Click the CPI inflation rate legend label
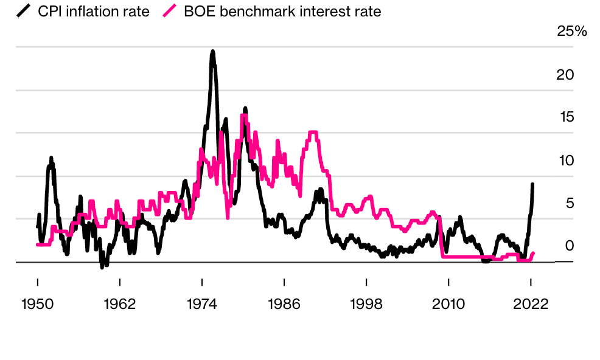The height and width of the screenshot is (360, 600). tap(94, 11)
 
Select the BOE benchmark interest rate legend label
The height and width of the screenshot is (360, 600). tap(282, 11)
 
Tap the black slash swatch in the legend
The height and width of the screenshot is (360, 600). tap(24, 11)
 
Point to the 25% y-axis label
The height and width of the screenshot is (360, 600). tap(572, 32)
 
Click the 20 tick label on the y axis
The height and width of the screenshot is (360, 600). tap(565, 75)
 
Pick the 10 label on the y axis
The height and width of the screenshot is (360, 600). tap(566, 161)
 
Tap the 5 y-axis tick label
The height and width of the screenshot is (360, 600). tap(570, 203)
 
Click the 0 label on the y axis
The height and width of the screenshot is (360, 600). tap(570, 246)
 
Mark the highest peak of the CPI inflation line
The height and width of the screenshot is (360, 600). tap(212, 52)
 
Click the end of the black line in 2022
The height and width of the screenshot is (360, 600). tap(532, 184)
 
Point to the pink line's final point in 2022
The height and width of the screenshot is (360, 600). tap(533, 253)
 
